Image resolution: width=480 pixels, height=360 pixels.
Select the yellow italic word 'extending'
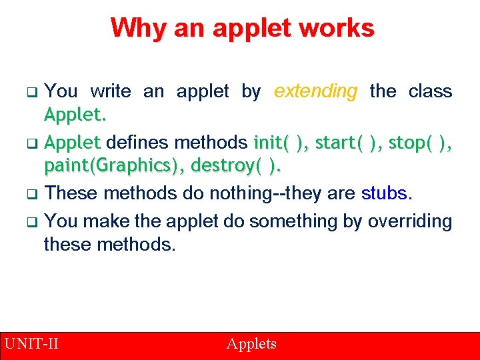pos(316,91)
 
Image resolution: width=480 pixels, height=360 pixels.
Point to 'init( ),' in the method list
pos(281,143)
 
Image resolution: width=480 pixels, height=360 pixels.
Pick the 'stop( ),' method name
pos(419,143)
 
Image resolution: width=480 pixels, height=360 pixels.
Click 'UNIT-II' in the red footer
pos(31,344)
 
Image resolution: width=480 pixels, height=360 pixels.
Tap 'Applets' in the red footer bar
pos(251,344)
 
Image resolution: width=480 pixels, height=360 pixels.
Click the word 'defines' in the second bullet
pos(138,143)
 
